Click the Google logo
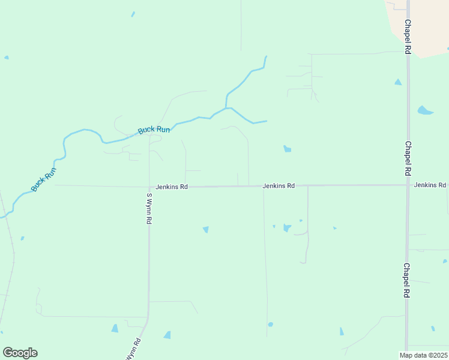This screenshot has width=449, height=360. pos(20,353)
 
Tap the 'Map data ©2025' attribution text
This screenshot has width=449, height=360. pos(423,355)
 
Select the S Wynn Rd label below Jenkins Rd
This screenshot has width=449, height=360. pos(149,208)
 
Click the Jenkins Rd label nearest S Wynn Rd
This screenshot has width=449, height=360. pos(172,187)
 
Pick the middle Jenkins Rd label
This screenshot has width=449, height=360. pos(279,186)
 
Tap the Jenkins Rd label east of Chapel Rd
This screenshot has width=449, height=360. pos(430,185)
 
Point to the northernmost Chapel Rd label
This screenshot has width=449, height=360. pos(407,38)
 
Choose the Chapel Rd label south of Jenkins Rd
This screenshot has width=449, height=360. pos(407,281)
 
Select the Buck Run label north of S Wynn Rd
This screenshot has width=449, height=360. pos(154,129)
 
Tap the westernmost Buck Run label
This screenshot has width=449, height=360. pos(44,179)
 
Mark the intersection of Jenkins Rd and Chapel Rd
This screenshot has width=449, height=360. pos(408,185)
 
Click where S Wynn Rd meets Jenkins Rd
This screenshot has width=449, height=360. pos(149,187)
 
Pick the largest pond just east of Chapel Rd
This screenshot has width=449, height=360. pos(424,110)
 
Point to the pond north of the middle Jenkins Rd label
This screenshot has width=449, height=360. pos(288,149)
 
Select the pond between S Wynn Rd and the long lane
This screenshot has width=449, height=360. pos(206,229)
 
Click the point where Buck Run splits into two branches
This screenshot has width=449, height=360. pos(227,108)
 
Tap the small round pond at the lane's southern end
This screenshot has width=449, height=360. pos(270,325)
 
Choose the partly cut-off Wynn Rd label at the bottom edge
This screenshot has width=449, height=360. pos(133,350)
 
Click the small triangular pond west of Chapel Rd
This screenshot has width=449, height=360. pos(397,82)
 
